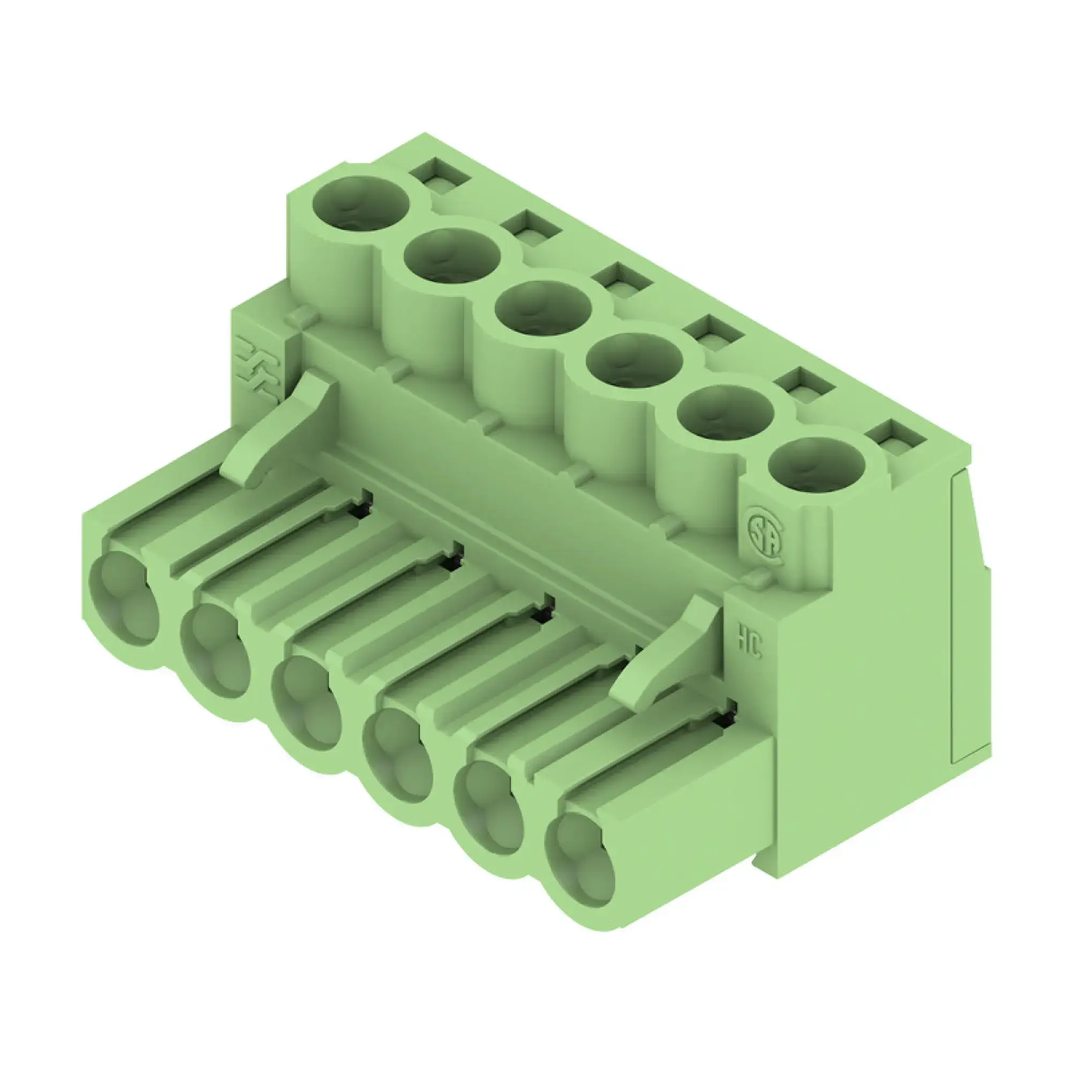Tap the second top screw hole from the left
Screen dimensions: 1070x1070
coord(453,257)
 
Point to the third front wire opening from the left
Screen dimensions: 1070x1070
coord(308,704)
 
